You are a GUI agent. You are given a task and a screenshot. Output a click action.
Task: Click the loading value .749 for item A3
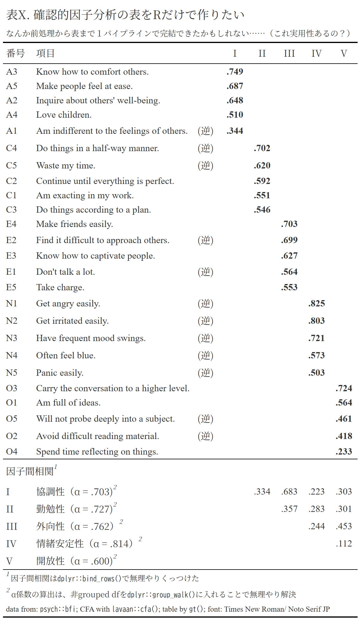click(x=235, y=72)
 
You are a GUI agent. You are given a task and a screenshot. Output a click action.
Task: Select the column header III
click(x=289, y=53)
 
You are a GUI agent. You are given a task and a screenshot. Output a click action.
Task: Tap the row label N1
click(x=12, y=303)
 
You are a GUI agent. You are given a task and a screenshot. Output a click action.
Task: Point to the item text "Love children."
click(x=64, y=115)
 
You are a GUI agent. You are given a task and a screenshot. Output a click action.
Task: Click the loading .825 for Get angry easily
click(x=316, y=303)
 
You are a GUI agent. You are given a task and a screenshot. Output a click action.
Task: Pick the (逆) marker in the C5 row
click(x=205, y=165)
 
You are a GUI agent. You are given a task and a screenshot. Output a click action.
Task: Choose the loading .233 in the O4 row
click(x=344, y=452)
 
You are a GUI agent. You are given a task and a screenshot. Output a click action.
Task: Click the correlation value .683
click(x=289, y=492)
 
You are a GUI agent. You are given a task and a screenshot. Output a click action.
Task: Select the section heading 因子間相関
click(x=30, y=471)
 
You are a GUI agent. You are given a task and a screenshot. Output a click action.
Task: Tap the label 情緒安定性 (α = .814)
click(x=84, y=544)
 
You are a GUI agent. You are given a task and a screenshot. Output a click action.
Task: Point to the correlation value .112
click(x=344, y=544)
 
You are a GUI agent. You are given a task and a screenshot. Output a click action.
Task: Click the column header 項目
click(x=45, y=53)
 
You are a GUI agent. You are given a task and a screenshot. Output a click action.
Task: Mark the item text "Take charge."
click(x=60, y=287)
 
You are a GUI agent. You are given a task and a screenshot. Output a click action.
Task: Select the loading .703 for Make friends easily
click(x=289, y=224)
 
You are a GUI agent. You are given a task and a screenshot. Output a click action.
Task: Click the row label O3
click(x=12, y=388)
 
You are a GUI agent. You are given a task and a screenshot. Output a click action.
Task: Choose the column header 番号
click(x=15, y=53)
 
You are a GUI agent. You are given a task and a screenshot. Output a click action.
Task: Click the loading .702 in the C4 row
click(x=262, y=148)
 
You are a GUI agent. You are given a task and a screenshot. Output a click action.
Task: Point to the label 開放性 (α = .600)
click(x=74, y=561)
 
